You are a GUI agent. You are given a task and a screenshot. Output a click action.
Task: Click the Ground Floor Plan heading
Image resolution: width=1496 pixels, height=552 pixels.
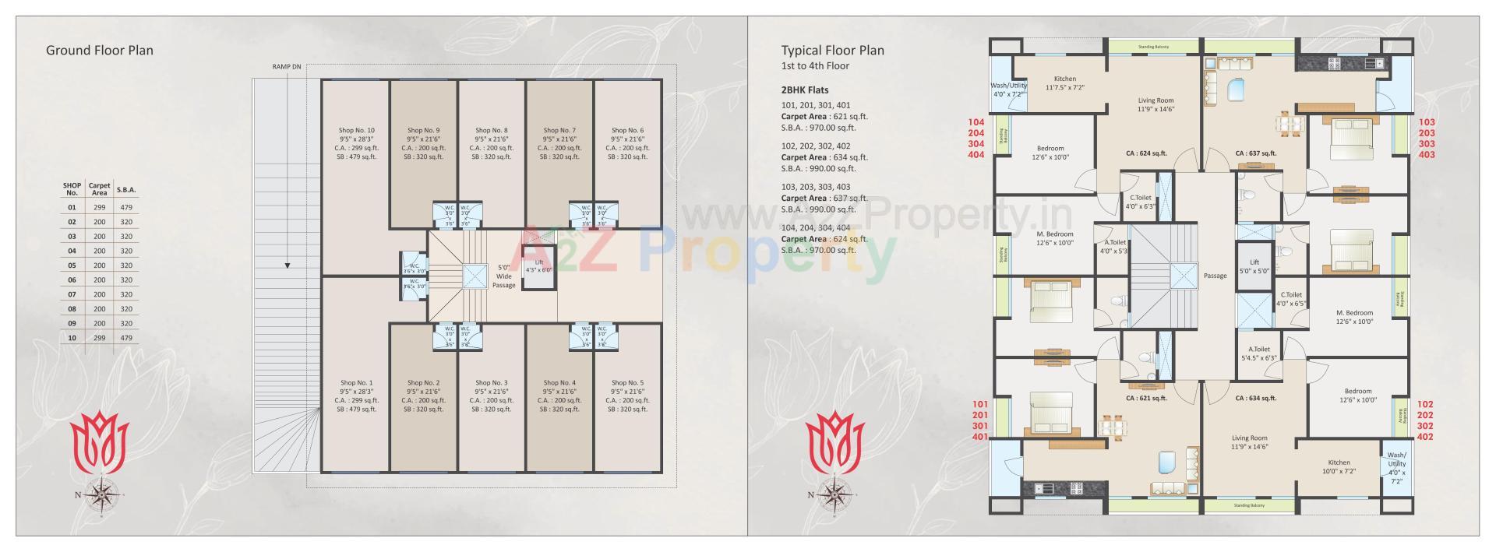click(100, 51)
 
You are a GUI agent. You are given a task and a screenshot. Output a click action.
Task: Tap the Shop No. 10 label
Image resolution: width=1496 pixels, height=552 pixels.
click(356, 131)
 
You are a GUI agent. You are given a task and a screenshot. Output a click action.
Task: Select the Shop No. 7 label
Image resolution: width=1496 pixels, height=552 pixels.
click(559, 131)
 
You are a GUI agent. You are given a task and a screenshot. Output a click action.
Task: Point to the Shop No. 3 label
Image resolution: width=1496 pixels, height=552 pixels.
click(492, 383)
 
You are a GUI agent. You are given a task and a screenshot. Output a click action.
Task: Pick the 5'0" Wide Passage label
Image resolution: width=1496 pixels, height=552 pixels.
click(503, 276)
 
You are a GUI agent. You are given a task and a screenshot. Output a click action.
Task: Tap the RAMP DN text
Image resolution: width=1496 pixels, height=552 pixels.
click(286, 67)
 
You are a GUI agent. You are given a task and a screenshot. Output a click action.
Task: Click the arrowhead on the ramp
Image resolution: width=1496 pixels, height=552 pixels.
click(288, 266)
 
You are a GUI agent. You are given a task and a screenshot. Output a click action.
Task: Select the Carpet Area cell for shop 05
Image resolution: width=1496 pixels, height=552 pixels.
click(100, 265)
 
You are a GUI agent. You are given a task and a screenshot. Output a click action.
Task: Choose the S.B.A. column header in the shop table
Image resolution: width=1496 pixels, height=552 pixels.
click(126, 189)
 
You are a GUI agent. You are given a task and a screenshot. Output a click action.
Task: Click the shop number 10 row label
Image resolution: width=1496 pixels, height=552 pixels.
click(72, 338)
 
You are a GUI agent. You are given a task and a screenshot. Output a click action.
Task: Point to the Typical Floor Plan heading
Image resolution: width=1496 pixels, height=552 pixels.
click(832, 51)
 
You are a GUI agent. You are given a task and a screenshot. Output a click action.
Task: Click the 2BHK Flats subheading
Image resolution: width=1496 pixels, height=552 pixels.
click(805, 90)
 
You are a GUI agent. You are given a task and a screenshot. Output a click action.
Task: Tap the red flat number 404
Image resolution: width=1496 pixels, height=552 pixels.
click(976, 155)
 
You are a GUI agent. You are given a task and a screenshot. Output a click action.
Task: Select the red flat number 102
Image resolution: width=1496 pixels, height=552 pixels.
click(1425, 405)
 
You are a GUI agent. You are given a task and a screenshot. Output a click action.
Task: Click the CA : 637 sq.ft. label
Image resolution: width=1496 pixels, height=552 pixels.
click(1256, 153)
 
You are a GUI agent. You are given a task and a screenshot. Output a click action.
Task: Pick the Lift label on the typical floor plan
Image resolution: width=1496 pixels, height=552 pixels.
click(1254, 262)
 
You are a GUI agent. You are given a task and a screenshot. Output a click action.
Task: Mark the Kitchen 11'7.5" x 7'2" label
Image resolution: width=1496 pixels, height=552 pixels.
click(1064, 83)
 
